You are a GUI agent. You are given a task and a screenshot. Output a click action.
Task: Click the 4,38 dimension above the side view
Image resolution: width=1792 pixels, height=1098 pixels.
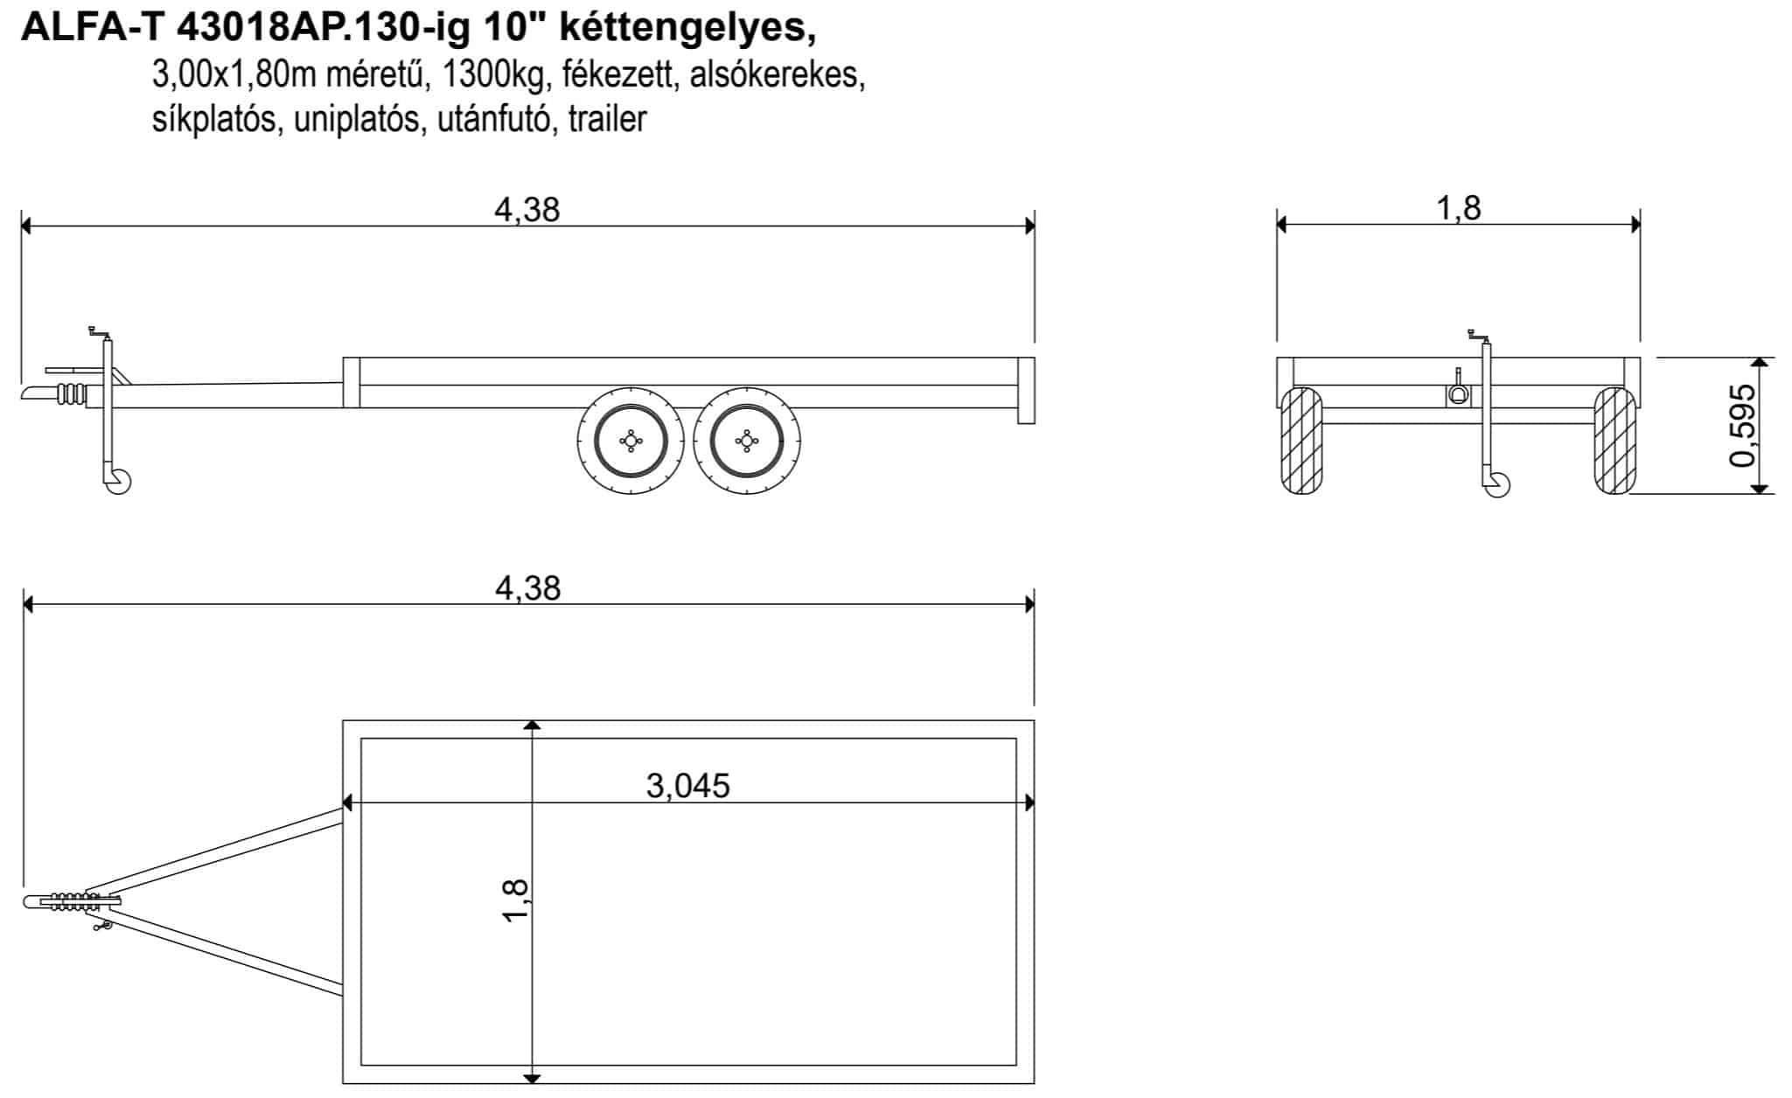(526, 210)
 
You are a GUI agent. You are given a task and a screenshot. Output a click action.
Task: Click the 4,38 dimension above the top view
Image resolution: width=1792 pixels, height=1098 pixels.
(527, 588)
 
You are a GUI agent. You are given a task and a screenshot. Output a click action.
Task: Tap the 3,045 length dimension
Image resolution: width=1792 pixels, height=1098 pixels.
(687, 786)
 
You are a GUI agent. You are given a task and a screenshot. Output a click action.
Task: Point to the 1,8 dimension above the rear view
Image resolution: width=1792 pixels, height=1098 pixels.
(1459, 208)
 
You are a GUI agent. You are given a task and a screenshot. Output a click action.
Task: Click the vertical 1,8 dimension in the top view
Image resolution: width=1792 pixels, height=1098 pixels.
(516, 900)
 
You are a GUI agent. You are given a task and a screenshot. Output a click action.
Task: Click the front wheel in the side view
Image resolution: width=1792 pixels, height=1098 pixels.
(631, 441)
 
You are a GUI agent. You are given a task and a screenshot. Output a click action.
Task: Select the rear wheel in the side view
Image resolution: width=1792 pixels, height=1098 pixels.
(746, 441)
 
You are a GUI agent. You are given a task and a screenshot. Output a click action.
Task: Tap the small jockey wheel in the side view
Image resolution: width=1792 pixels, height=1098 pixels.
(118, 482)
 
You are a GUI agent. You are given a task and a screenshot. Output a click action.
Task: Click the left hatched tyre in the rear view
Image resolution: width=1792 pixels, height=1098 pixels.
(1301, 441)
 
